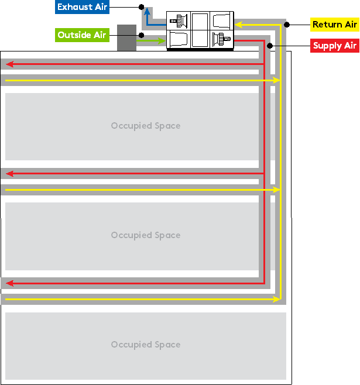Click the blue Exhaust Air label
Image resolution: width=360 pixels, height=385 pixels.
coord(82,7)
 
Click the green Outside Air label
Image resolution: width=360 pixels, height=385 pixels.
coord(82,35)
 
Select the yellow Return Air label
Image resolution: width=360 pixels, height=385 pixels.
coord(334,25)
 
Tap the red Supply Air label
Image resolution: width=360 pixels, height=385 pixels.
coord(334,46)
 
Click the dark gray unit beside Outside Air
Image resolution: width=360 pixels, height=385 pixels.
coord(126,37)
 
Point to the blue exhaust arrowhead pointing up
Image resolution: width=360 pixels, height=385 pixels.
coord(147,11)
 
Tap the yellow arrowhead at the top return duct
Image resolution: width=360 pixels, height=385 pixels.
coord(239,25)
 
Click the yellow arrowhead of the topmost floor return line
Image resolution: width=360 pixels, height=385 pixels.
coord(276,80)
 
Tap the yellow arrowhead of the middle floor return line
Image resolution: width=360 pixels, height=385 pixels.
coord(276,190)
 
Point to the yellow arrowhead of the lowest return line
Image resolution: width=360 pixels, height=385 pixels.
coord(276,299)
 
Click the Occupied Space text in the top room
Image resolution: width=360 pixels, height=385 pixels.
coord(146,126)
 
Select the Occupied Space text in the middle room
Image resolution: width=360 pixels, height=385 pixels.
coord(146,235)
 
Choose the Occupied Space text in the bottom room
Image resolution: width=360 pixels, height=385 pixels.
coord(146,345)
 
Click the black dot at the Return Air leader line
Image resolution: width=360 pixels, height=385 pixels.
coord(286,25)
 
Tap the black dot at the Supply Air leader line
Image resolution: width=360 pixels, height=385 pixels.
coord(270,46)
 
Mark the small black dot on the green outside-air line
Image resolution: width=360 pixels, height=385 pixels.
coord(141,36)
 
